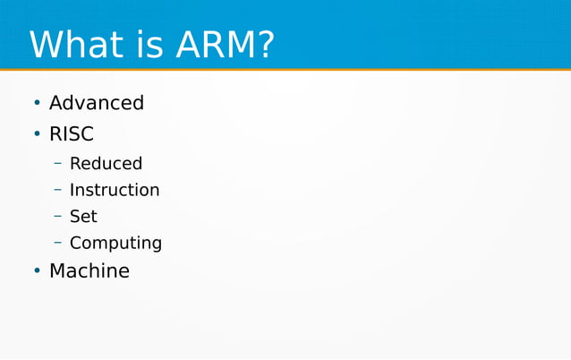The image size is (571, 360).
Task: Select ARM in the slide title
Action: coord(207,45)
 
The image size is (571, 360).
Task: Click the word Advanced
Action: coord(96,103)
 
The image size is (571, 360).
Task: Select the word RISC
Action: coord(72,134)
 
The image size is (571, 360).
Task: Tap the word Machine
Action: coord(89,270)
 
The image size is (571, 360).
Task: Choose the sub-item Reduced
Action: coord(106,163)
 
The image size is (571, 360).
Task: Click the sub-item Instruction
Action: coord(115,190)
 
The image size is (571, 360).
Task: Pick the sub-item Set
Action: coord(83,216)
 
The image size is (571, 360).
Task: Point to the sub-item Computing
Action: coord(115,244)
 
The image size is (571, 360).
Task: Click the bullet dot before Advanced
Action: coord(37,104)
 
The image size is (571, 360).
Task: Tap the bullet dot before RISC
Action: coord(37,135)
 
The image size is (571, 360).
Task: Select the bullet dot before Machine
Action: coord(37,271)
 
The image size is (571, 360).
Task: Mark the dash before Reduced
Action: coord(57,164)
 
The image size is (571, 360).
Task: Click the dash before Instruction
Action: coord(57,191)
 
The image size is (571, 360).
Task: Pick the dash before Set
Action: coord(57,217)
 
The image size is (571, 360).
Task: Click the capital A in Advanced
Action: coord(56,103)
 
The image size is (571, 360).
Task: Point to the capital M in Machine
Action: coord(58,270)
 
